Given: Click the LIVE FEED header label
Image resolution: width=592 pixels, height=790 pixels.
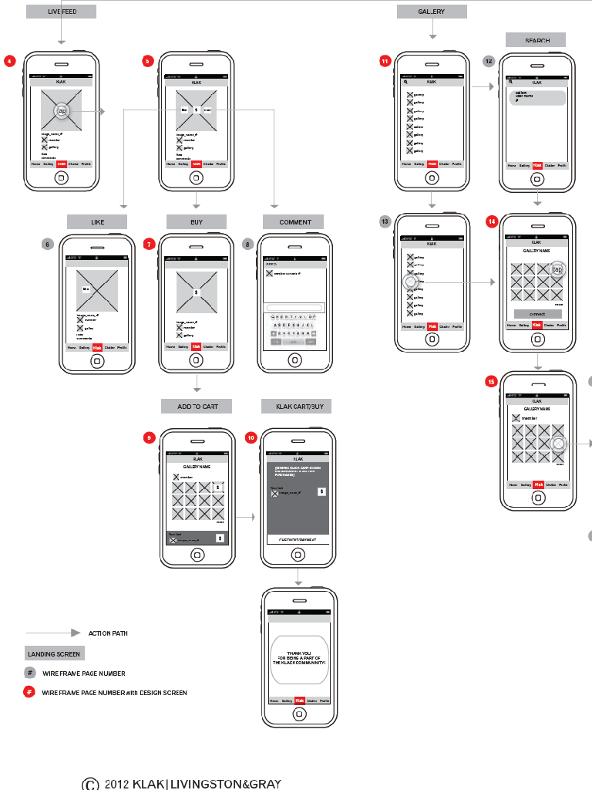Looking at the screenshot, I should pos(61,12).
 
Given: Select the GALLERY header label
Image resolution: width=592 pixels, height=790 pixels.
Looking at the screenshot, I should pos(432,12).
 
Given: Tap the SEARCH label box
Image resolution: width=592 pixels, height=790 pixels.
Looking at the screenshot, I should pos(536,40).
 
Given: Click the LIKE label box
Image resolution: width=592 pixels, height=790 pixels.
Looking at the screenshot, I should pos(97,222).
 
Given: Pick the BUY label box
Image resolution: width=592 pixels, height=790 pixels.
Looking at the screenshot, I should pos(197,222).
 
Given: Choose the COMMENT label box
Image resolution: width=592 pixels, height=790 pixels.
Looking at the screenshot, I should pos(294,222).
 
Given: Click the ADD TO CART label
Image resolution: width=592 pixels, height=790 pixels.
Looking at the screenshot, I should pos(196,406).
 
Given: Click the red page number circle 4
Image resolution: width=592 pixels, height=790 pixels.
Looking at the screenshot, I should pos(9,61).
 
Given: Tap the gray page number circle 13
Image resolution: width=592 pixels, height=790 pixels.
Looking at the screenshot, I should pos(385,222).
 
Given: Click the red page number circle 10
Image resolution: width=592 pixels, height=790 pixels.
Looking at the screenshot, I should pos(251,437).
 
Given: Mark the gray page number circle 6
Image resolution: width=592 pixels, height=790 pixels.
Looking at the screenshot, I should pos(48,244).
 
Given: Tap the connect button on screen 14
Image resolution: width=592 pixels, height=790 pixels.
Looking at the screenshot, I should pos(536,314).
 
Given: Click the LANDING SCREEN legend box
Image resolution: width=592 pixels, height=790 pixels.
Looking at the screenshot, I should pos(54,653).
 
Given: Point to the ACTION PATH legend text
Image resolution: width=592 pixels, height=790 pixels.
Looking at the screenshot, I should pos(108,633).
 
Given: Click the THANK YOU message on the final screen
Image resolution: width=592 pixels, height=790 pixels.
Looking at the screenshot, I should pos(300,657).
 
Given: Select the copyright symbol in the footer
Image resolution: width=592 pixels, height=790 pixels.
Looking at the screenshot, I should pos(90,784).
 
